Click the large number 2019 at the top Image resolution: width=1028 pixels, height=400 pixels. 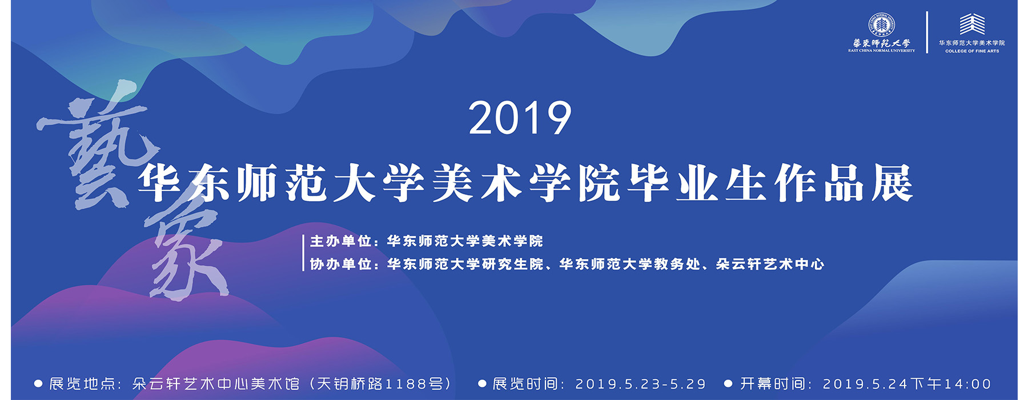[x=520, y=118]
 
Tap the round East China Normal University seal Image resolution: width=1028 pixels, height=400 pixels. [x=881, y=25]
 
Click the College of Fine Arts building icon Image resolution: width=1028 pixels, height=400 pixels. [x=971, y=24]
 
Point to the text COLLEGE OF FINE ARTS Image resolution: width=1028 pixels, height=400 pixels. [x=972, y=51]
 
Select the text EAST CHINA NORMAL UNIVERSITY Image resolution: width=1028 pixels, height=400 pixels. [x=881, y=50]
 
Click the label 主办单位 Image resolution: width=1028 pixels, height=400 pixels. [x=341, y=241]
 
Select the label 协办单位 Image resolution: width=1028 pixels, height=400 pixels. [x=341, y=264]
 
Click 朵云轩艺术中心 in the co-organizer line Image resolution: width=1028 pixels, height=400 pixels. [x=770, y=264]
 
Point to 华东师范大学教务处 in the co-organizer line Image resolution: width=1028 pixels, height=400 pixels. [x=629, y=264]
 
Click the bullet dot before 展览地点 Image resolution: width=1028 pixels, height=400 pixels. [x=38, y=384]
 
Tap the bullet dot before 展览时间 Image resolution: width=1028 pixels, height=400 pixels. [x=482, y=384]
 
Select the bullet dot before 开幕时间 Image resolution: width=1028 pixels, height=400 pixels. [x=728, y=384]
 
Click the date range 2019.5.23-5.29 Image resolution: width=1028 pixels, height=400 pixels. [x=641, y=384]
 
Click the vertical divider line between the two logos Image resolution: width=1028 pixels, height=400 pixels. [x=927, y=32]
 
